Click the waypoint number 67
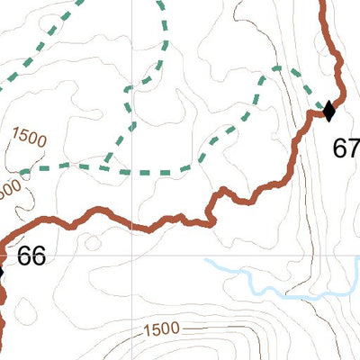tap(346, 148)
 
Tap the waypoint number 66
tap(31, 256)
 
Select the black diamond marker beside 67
tap(328, 112)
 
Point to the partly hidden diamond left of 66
tap(1, 271)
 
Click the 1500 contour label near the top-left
tap(29, 139)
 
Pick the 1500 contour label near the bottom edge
tap(160, 329)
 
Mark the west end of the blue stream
tap(206, 261)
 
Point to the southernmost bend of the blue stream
tap(292, 295)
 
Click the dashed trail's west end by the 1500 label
tap(20, 170)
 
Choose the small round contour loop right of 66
tap(90, 241)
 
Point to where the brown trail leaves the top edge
tap(322, 3)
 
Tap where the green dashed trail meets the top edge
tap(162, 3)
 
